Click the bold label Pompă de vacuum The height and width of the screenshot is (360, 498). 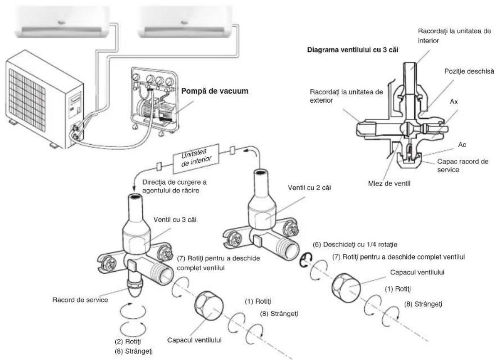pos(215,91)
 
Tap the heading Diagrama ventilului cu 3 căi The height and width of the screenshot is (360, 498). pos(352,50)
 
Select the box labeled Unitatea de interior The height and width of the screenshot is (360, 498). pos(196,159)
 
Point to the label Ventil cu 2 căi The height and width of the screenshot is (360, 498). pos(309,188)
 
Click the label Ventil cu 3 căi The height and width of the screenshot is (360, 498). pos(175,220)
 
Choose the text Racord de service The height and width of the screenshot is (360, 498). pos(80,300)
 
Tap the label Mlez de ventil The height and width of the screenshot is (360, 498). pos(389,183)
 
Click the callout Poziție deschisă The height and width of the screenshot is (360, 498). pos(469,71)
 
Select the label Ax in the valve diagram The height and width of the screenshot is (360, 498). pos(454,102)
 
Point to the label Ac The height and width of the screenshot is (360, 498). pos(462,145)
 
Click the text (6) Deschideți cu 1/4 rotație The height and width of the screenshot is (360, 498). pos(355,245)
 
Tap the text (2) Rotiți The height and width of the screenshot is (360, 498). pos(128,341)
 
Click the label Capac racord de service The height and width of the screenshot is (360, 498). pos(463,165)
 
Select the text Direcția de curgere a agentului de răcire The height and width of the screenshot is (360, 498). pos(175,186)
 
